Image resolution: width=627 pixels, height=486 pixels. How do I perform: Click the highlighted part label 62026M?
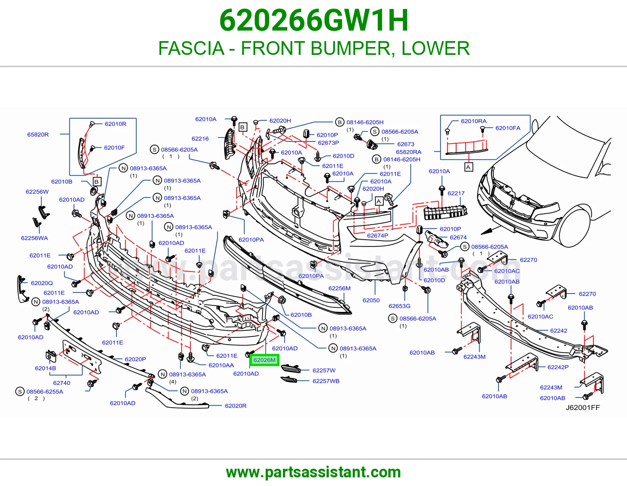[264, 360]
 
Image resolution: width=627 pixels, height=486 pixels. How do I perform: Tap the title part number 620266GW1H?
[313, 20]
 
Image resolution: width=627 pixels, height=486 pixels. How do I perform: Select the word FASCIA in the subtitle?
[191, 48]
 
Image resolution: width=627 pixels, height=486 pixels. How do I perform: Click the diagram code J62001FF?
[583, 407]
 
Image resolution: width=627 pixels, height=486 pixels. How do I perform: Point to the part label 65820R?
[38, 134]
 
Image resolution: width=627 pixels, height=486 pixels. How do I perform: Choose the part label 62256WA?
[34, 238]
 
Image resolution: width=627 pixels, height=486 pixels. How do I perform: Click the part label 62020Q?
[42, 283]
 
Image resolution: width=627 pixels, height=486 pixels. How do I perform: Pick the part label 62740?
[62, 383]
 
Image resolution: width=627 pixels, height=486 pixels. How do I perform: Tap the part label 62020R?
[236, 406]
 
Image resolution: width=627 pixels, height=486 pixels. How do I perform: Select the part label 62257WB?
[326, 381]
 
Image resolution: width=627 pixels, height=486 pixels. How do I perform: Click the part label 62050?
[371, 300]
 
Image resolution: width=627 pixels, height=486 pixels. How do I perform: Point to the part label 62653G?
[399, 306]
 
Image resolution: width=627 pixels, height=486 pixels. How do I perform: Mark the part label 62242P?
[558, 367]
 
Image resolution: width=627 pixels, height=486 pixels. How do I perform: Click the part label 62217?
[456, 193]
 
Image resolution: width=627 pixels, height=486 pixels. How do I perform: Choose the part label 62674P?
[378, 236]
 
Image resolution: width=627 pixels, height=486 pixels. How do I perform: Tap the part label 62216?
[200, 138]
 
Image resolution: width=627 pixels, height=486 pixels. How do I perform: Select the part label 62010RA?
[474, 121]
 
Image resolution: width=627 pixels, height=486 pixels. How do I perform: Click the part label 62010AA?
[221, 365]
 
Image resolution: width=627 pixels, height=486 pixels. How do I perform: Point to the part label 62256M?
[339, 288]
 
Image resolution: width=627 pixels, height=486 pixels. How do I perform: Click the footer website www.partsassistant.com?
[313, 472]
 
